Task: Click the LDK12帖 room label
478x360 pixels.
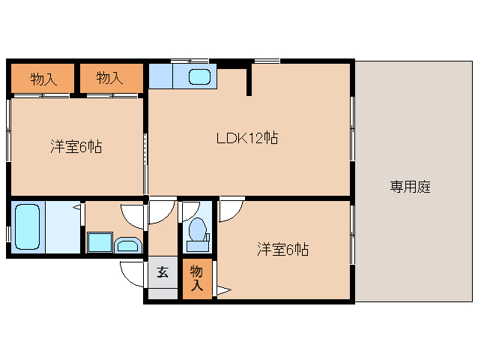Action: click(247, 138)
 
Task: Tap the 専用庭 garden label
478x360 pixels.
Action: click(410, 187)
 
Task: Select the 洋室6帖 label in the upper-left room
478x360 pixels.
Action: click(76, 147)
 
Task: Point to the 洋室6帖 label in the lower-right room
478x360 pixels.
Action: click(282, 249)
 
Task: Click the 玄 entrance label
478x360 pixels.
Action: click(163, 271)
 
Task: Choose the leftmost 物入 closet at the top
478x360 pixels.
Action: click(43, 78)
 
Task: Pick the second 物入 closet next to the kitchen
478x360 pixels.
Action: click(110, 78)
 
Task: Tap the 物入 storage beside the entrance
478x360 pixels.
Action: click(197, 277)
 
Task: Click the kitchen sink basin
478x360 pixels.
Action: click(199, 76)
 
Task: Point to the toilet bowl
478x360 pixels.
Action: click(199, 229)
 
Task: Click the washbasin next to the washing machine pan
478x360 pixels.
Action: click(127, 244)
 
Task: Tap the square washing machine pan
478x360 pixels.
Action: click(99, 243)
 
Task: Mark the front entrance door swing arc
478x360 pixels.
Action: click(132, 275)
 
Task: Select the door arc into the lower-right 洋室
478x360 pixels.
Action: click(230, 210)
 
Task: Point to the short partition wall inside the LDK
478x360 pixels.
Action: click(249, 81)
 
